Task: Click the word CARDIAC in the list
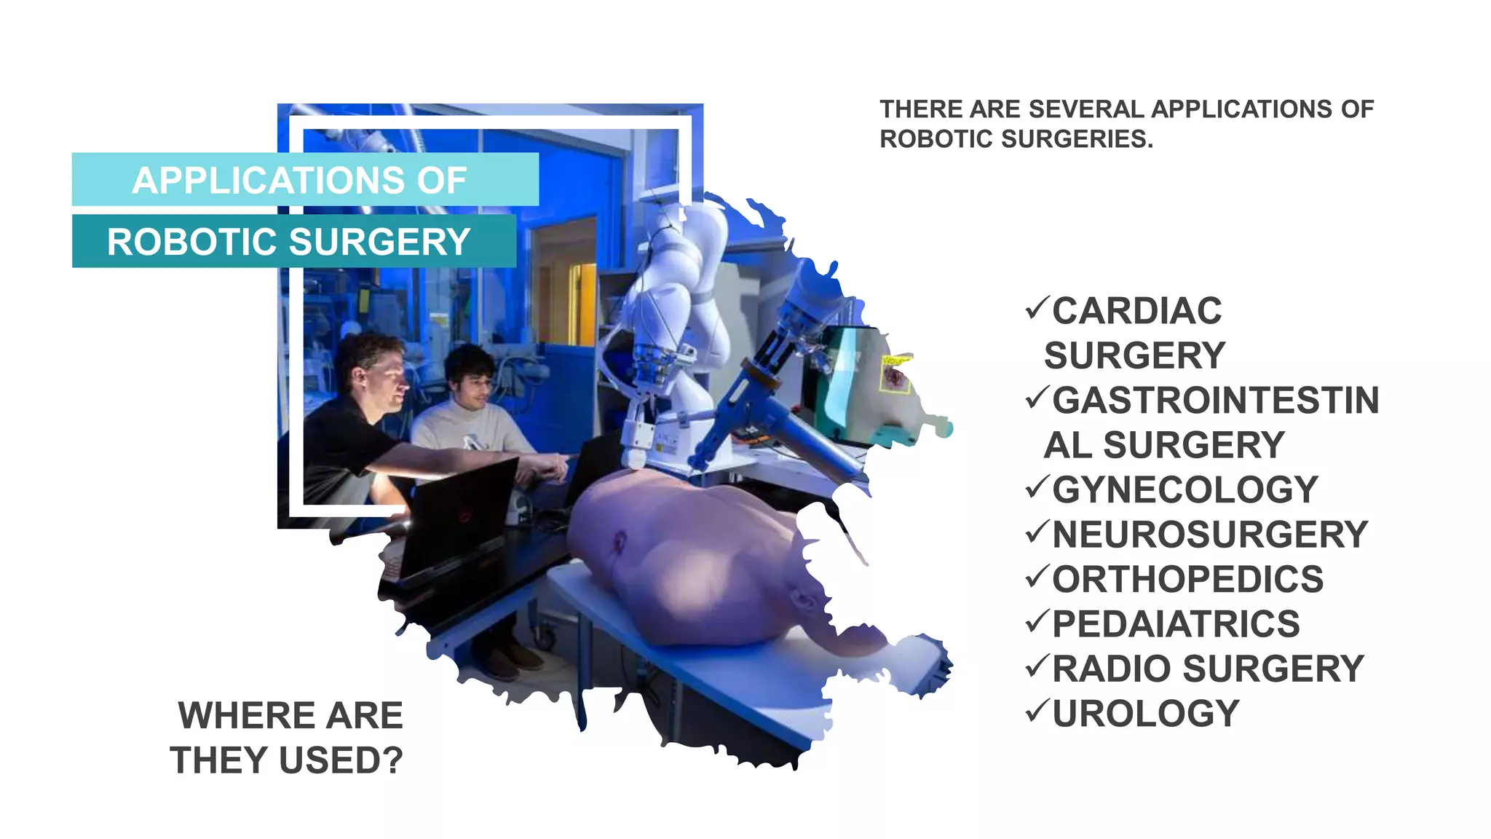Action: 1136,311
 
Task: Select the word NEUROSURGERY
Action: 1210,535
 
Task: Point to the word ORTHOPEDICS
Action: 1187,580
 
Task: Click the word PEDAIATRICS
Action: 1176,624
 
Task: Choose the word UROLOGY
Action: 1145,714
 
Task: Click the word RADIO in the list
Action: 1113,669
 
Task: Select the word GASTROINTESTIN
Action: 1215,401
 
